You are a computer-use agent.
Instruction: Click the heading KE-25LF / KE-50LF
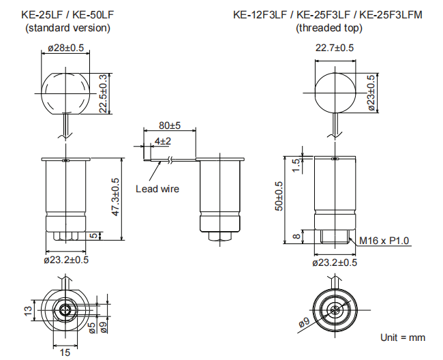pos(67,14)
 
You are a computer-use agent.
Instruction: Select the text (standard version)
pos(67,28)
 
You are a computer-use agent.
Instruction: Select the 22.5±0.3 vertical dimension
pos(103,94)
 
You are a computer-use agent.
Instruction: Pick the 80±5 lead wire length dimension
pos(169,126)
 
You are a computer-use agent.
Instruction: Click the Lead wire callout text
pos(157,189)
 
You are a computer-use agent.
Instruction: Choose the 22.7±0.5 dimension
pos(335,48)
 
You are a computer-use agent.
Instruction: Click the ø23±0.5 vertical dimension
pos(371,92)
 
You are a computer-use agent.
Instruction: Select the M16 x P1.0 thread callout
pos(384,241)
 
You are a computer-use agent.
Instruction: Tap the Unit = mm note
pos(402,337)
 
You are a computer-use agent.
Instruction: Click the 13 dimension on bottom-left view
pos(28,310)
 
